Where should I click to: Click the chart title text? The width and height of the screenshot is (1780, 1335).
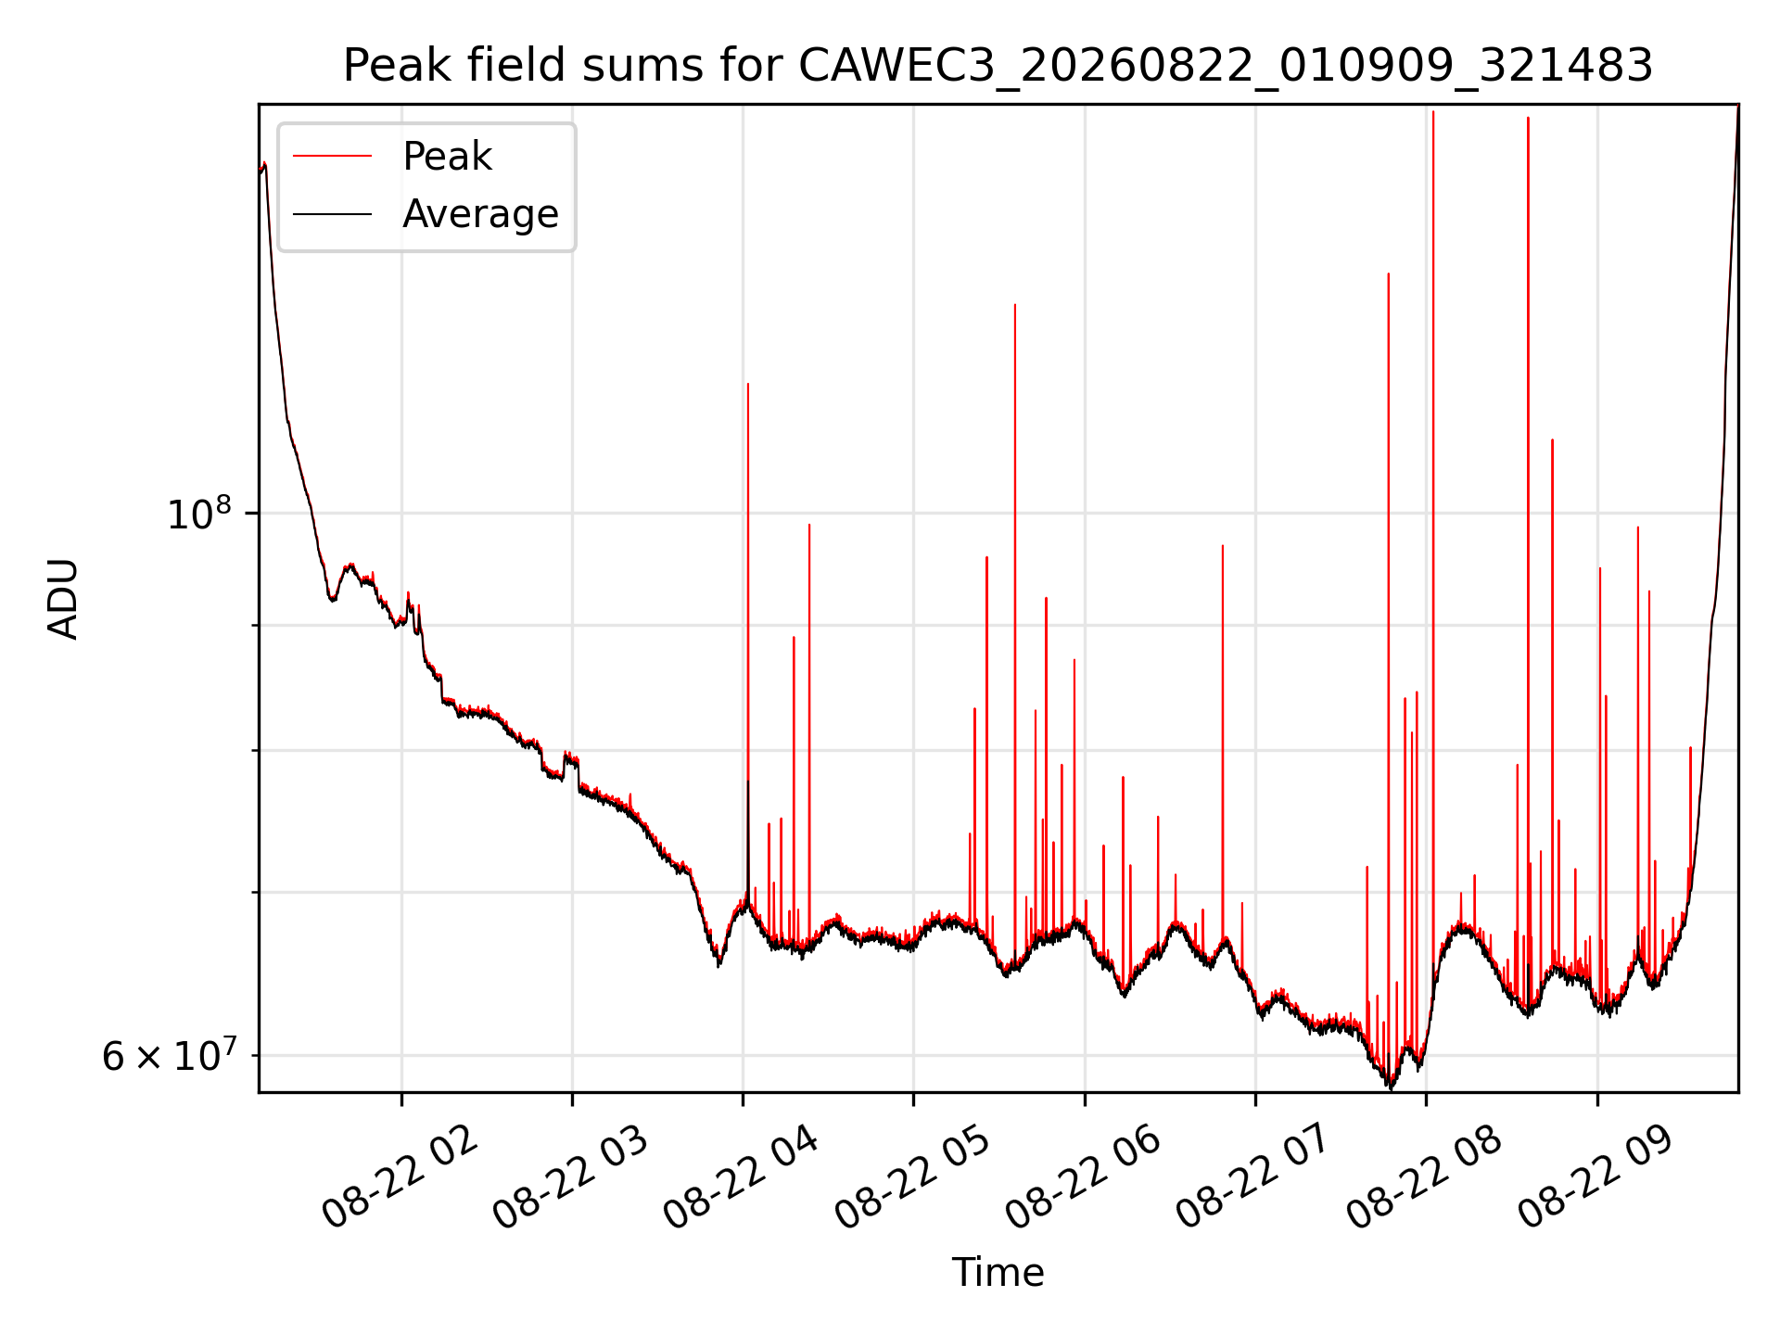coord(998,66)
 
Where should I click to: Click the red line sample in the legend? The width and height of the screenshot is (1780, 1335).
coord(333,157)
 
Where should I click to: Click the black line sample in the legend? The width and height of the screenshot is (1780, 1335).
coord(333,214)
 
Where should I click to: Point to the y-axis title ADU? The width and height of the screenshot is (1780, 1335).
coord(63,599)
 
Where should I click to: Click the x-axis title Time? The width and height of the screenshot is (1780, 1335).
coord(998,1273)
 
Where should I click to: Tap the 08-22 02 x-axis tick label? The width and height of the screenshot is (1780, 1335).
coord(400,1178)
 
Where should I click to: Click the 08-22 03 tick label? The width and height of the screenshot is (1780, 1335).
coord(571,1178)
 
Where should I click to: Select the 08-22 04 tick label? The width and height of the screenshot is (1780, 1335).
coord(742,1178)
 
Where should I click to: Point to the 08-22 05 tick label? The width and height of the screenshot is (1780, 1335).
coord(913,1178)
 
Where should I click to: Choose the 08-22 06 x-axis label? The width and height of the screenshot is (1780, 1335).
coord(1084,1178)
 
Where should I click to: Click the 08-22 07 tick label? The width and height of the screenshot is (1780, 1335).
coord(1254,1178)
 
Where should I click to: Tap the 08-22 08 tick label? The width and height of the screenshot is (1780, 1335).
coord(1425,1178)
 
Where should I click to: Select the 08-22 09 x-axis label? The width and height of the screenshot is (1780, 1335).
coord(1596,1178)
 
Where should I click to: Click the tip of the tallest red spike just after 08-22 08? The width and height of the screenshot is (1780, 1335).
coord(1433,112)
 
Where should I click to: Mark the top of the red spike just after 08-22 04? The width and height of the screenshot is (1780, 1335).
coord(748,384)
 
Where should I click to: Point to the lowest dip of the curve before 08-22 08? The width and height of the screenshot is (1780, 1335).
coord(1390,1087)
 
